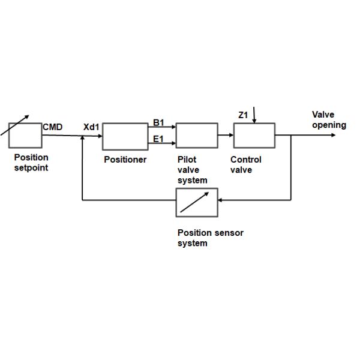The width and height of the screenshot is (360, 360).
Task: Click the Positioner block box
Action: (125, 136)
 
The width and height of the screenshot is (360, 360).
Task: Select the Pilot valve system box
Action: (196, 136)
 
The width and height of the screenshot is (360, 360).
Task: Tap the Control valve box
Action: (254, 136)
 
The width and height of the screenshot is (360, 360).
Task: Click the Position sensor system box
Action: (197, 202)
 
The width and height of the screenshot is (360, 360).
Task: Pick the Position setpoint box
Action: (25, 135)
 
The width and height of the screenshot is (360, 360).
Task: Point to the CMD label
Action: (53, 127)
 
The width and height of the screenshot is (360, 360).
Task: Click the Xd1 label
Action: (91, 127)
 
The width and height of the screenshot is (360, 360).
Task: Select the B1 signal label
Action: (158, 123)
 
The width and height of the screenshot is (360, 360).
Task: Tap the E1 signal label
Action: (158, 139)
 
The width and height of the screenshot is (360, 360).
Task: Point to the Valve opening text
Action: (328, 120)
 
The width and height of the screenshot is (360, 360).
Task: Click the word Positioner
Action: (125, 160)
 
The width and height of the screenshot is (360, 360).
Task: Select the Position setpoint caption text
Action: (31, 163)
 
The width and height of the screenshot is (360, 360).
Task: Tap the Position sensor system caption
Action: (210, 238)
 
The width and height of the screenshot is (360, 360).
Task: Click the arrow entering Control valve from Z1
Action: (254, 116)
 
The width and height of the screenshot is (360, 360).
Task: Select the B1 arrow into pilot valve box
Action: (165, 127)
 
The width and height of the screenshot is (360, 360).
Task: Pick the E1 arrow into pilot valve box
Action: (165, 143)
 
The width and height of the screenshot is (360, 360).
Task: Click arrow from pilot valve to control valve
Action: (225, 136)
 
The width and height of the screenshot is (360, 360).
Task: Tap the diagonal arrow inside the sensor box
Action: (196, 202)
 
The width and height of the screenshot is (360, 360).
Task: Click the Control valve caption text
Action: (245, 165)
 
